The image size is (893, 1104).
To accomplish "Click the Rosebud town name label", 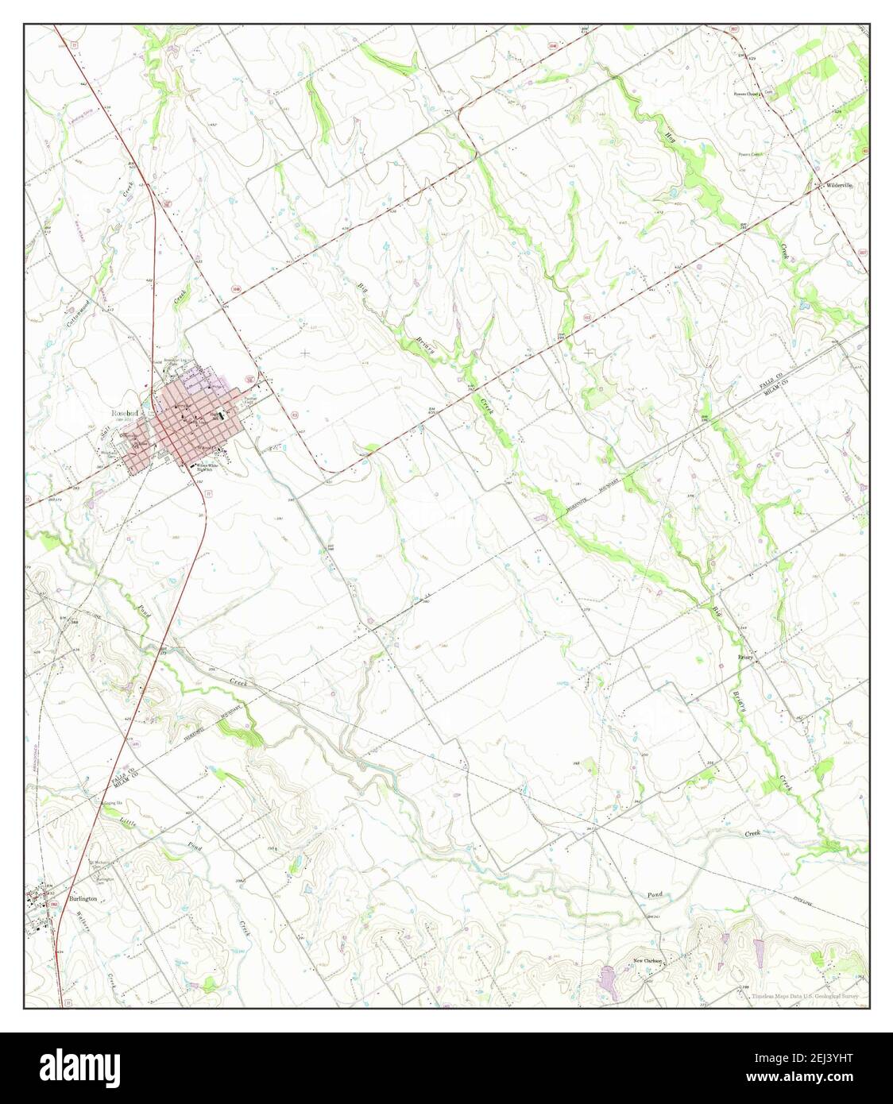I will tap(126, 414).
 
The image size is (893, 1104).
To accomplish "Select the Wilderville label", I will tap(839, 185).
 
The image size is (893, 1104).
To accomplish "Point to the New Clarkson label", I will tap(648, 960).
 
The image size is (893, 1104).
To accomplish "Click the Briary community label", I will tap(744, 658).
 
